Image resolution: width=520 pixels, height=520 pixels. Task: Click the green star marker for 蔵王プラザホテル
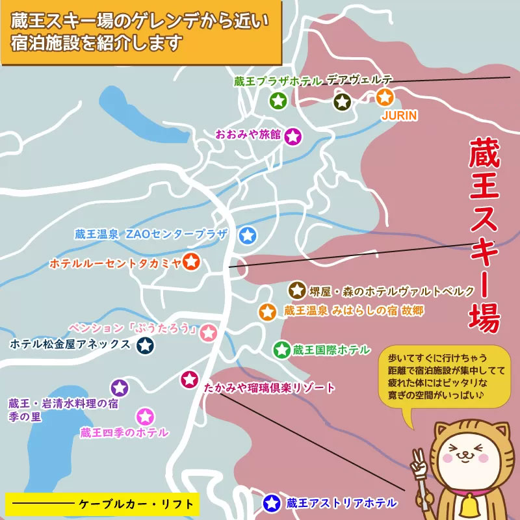tap(278, 101)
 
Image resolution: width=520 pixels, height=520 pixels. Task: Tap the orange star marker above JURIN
tap(385, 98)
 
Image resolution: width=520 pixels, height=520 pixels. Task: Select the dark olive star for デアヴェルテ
tap(343, 101)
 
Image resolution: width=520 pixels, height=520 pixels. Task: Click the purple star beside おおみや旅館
tap(293, 136)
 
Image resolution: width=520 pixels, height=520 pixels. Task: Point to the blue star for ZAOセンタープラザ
tap(248, 235)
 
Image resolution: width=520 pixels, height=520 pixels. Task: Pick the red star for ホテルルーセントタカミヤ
tap(191, 263)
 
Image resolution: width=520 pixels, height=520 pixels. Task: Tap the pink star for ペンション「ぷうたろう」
tap(208, 333)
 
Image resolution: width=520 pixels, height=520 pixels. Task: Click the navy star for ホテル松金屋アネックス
tap(145, 346)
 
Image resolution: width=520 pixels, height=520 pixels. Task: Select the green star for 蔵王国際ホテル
tap(281, 350)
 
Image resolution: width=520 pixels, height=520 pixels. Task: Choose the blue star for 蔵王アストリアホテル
tap(272, 502)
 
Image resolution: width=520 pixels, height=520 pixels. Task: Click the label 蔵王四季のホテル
tap(124, 432)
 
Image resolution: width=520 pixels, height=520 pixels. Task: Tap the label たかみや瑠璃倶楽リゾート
tap(269, 388)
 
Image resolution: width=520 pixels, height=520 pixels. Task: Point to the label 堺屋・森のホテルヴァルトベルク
tap(392, 291)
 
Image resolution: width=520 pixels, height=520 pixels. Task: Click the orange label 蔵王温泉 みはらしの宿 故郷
tap(354, 311)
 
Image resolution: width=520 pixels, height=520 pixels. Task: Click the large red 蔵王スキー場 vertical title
tap(484, 234)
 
